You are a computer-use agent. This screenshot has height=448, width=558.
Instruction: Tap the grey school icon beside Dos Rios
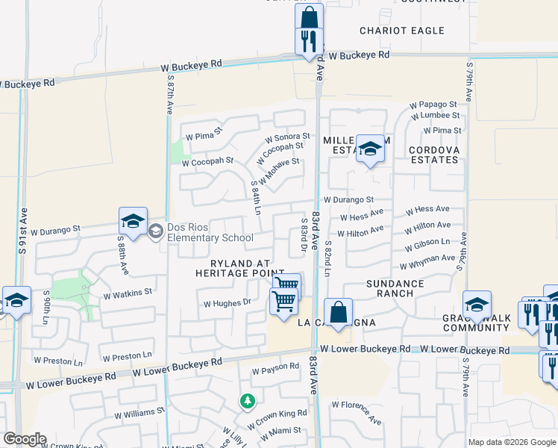pos(155,230)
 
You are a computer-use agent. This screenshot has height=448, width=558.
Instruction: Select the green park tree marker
pos(247,402)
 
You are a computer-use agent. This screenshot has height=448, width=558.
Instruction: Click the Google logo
pos(25,439)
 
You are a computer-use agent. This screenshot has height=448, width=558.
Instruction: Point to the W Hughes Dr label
pos(228,303)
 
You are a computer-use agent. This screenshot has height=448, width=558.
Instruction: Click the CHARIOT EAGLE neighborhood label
pos(401,31)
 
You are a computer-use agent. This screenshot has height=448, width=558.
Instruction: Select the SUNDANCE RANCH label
pos(395,288)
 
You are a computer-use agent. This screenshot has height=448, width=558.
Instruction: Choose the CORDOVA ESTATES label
pos(433,155)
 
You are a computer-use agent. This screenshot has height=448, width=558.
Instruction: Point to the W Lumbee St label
pos(435,116)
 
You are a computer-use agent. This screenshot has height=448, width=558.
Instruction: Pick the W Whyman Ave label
pos(427,262)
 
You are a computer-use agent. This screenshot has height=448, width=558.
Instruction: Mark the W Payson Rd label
pos(275,370)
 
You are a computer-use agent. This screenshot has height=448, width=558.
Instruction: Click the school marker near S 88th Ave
pos(133,222)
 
